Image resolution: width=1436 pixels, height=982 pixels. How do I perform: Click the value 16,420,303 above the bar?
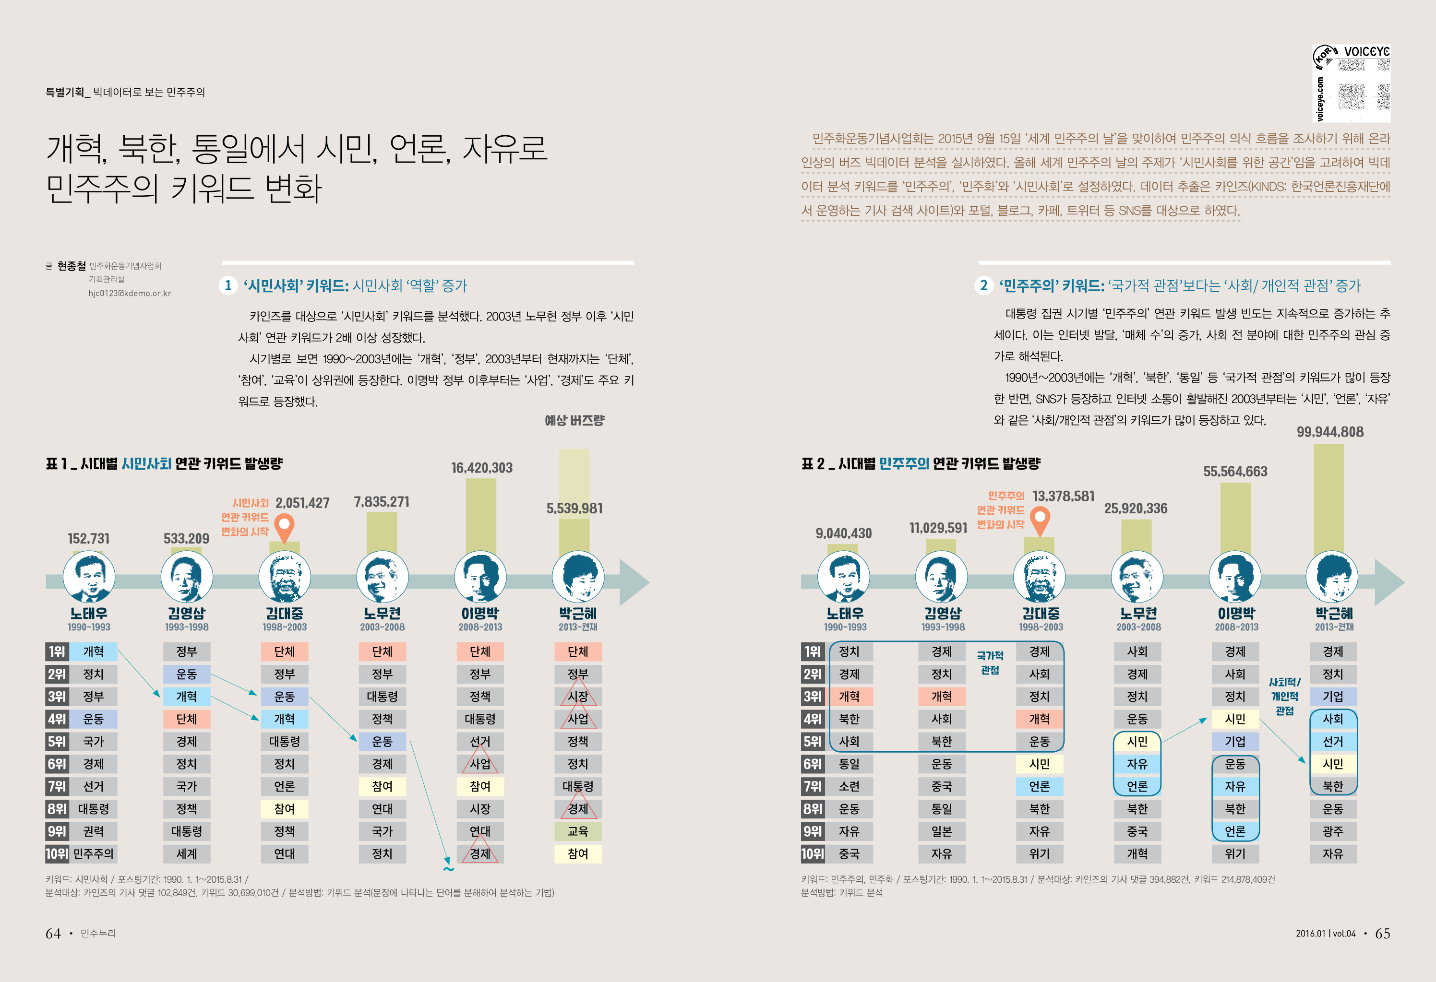(481, 468)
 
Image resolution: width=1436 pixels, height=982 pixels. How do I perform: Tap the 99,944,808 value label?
(1330, 432)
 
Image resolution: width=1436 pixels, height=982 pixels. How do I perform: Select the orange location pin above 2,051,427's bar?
(284, 529)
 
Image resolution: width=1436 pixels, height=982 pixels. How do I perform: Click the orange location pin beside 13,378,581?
(1040, 520)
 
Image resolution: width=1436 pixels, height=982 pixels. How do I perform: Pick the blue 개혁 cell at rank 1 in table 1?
(93, 651)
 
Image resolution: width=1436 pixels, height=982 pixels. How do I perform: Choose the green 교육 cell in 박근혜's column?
(578, 831)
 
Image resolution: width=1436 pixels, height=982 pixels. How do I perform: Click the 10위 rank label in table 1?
(56, 853)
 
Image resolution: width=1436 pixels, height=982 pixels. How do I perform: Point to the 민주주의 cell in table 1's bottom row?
(93, 853)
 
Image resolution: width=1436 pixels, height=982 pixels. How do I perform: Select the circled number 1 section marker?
(228, 285)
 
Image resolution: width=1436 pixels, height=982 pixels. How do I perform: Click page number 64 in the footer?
(53, 933)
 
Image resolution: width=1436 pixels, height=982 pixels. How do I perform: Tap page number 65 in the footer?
(1382, 933)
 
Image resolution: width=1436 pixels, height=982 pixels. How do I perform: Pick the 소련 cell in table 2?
(849, 786)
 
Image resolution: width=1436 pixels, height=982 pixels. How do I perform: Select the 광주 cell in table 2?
(1333, 831)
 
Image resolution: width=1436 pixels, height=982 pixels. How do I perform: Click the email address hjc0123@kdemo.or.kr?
(130, 294)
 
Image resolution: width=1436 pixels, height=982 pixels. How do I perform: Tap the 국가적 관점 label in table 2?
(990, 663)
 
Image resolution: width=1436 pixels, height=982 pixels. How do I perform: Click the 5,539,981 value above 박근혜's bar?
(574, 509)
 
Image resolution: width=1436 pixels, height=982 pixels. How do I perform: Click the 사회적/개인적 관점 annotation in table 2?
(1285, 696)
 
